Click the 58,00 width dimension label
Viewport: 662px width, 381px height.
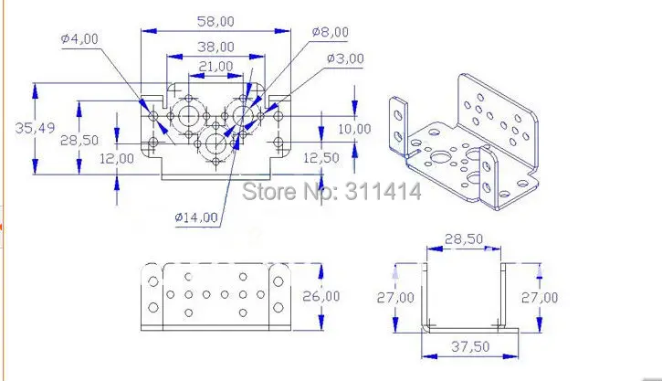215,22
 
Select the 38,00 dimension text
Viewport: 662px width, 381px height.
215,47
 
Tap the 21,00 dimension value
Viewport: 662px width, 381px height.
215,67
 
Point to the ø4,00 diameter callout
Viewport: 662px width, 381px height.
79,39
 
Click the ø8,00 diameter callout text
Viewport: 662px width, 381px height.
331,32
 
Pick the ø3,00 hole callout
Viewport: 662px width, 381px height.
345,58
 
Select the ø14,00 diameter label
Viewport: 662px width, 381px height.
196,217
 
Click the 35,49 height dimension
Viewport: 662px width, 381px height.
35,128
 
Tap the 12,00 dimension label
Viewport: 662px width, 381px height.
117,159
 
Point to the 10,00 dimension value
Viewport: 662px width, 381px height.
354,129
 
